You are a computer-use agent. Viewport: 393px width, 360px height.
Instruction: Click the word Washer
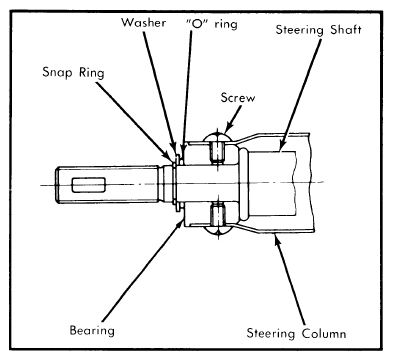tap(143, 23)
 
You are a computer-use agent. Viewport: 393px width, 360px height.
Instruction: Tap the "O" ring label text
tap(211, 24)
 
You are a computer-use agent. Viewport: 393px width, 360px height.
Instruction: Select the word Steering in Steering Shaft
tap(299, 30)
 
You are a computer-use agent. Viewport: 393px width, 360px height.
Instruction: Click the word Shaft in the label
tap(346, 29)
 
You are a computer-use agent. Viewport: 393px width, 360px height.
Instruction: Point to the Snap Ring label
tap(73, 73)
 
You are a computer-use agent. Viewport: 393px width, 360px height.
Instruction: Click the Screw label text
tap(238, 98)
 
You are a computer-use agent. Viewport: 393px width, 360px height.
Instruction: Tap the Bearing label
tap(92, 331)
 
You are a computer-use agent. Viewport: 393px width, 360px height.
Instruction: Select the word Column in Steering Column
tap(324, 334)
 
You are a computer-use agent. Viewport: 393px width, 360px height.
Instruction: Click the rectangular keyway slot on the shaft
tap(89, 185)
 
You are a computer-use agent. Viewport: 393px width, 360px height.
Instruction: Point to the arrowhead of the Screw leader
tap(228, 129)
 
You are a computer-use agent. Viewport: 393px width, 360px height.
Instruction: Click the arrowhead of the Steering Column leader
tap(276, 238)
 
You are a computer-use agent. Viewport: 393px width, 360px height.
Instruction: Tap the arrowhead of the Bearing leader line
tap(180, 223)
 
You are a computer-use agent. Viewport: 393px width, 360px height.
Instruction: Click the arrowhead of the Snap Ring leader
tap(171, 155)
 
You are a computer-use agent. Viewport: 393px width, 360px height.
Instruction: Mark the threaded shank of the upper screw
tap(217, 152)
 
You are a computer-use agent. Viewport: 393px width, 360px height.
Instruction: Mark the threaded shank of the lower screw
tap(217, 214)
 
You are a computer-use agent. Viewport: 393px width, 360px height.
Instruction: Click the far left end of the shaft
tap(56, 184)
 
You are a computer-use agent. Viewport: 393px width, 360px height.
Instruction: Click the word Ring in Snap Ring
tap(92, 73)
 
